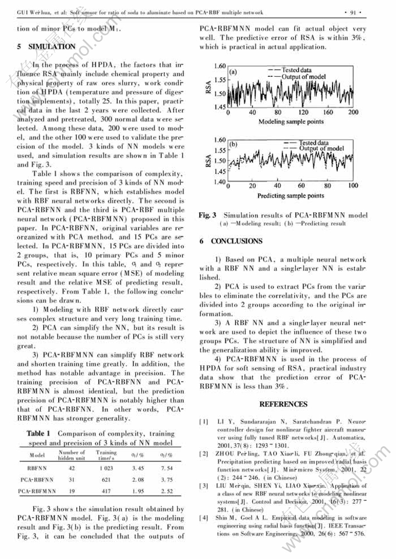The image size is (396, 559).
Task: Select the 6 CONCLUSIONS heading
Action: (x=231, y=241)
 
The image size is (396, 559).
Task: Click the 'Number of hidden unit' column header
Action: (x=72, y=454)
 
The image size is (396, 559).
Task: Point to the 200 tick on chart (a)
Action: (x=353, y=113)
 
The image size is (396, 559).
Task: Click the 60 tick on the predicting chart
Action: (x=303, y=186)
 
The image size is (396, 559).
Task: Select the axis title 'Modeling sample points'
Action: (x=290, y=122)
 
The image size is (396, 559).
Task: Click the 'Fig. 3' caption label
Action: (x=207, y=215)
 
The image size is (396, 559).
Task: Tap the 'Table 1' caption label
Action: (x=40, y=433)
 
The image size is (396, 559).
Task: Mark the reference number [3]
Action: (x=204, y=485)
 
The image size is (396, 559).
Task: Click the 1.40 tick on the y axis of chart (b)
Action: (x=220, y=183)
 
